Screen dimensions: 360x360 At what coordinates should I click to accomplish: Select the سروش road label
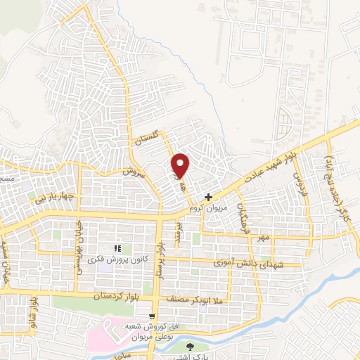click(132, 172)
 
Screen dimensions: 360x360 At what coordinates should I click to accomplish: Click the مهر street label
click(263, 238)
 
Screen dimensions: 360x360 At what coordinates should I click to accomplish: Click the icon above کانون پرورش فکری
click(118, 248)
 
